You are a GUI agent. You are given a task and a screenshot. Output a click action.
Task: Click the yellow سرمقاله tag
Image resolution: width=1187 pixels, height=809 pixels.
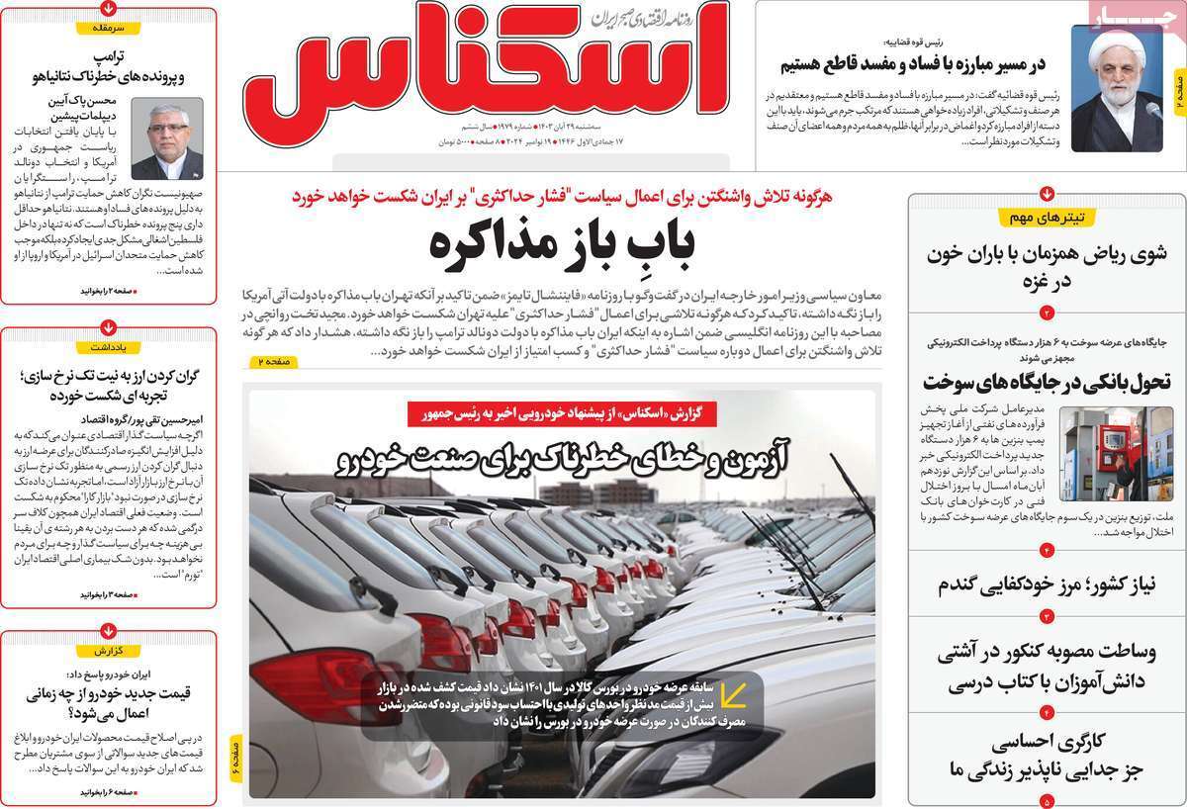click(108, 29)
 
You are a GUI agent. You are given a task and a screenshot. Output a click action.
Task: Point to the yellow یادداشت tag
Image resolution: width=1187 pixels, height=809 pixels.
click(108, 347)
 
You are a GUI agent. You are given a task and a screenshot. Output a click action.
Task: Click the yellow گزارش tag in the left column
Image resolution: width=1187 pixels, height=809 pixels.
click(108, 652)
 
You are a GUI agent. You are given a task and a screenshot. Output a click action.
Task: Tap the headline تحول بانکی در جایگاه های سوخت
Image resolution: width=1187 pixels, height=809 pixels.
click(1047, 382)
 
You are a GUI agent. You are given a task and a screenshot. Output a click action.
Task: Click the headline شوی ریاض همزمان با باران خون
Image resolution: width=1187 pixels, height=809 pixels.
click(1049, 267)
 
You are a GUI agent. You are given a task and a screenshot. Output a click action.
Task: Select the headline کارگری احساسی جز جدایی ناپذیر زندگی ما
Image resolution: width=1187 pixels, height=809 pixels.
click(1049, 755)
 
